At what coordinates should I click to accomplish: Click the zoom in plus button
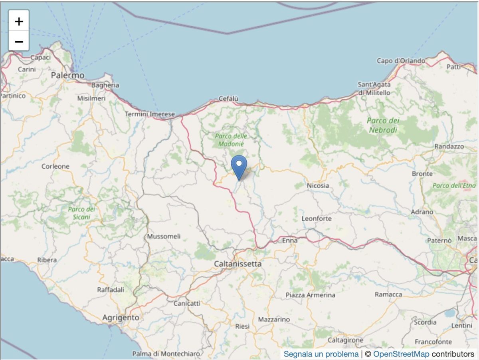(x=19, y=21)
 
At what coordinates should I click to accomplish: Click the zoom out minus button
(x=19, y=41)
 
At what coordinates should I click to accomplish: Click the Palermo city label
(x=68, y=75)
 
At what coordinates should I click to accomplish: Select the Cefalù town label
(x=228, y=99)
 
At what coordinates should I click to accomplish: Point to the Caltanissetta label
(x=238, y=264)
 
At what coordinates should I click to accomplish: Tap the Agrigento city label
(x=121, y=318)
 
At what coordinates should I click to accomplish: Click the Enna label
(x=290, y=241)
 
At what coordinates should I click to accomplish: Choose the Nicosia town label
(x=318, y=185)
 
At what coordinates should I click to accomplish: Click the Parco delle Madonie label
(x=231, y=140)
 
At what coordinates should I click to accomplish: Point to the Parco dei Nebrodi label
(x=383, y=125)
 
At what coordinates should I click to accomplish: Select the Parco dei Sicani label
(x=81, y=213)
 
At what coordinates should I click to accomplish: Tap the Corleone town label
(x=55, y=166)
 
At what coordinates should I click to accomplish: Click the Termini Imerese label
(x=150, y=114)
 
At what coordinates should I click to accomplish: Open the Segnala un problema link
(x=321, y=354)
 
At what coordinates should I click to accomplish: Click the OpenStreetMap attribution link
(x=401, y=354)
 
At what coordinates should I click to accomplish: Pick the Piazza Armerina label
(x=311, y=295)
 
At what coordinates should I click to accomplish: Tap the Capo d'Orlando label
(x=401, y=61)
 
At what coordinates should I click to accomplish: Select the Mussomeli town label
(x=164, y=236)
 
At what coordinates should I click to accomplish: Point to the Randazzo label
(x=449, y=147)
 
